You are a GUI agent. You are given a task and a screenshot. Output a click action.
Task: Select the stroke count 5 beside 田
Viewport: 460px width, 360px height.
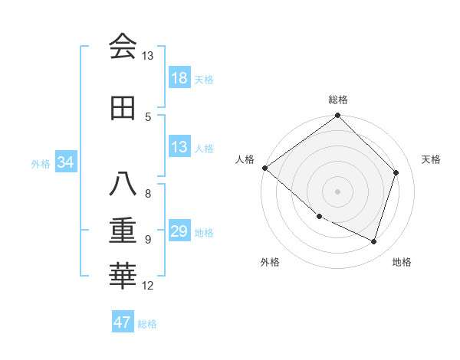click(148, 116)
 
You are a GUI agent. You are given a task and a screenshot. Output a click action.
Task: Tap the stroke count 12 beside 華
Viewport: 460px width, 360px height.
click(148, 286)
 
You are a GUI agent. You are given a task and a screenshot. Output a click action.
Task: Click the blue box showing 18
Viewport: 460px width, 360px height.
click(179, 79)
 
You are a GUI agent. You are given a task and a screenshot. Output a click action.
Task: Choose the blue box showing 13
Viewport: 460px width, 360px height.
click(179, 147)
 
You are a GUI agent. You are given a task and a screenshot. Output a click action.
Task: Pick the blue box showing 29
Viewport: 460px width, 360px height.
click(179, 232)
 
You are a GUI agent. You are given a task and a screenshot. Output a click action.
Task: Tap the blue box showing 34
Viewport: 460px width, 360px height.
click(66, 163)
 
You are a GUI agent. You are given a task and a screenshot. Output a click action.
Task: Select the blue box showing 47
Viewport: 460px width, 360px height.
click(123, 322)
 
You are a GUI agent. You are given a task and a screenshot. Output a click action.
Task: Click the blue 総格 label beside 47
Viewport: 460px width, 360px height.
click(147, 324)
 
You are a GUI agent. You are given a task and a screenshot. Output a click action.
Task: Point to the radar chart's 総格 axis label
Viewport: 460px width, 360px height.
click(338, 100)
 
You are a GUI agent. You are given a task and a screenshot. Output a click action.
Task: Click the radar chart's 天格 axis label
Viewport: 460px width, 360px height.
click(431, 159)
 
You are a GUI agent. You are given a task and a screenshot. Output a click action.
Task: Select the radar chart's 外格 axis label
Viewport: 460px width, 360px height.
click(270, 262)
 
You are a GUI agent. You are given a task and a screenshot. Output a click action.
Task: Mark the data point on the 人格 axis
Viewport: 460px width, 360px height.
click(264, 168)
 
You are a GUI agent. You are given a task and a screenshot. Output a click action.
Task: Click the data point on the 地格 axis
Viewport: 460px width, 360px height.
click(374, 242)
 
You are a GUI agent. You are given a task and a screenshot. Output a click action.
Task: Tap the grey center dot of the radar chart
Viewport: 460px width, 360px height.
click(337, 191)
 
